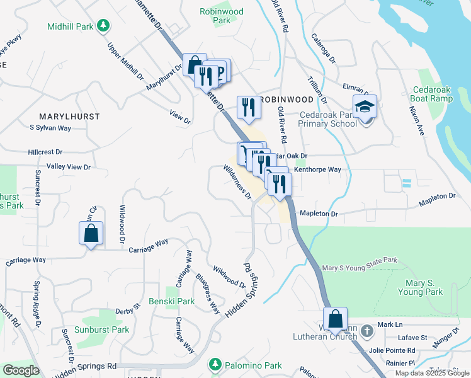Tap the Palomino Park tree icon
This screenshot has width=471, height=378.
215,364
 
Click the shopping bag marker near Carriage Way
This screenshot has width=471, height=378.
91,233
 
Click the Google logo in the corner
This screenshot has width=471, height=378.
21,370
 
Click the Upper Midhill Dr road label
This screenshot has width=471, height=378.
125,60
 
